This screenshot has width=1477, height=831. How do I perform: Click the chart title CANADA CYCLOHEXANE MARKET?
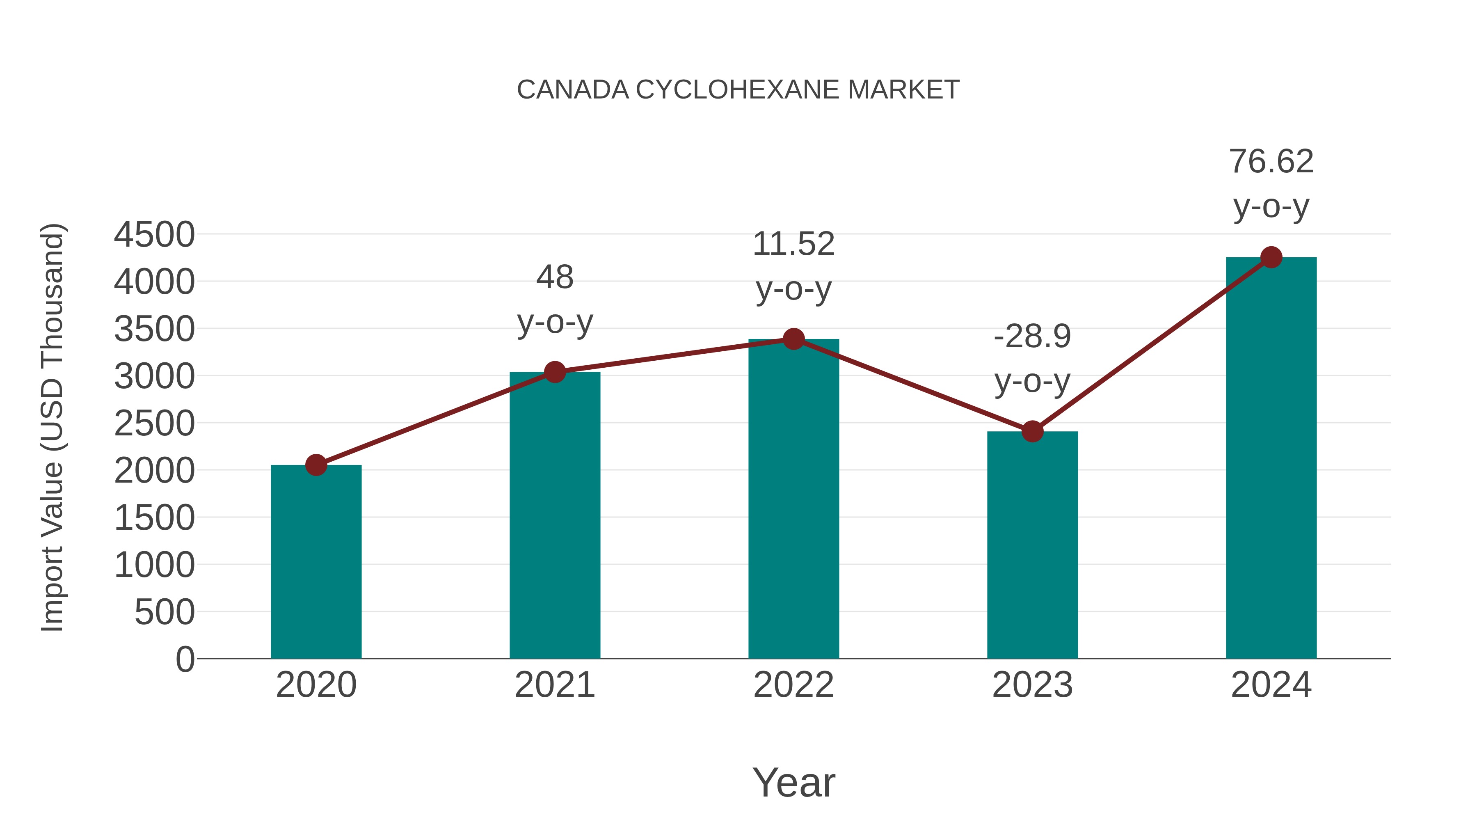coord(738,90)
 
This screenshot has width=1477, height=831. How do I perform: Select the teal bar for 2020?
coord(316,562)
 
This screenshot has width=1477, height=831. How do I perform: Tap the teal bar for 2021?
coord(554,516)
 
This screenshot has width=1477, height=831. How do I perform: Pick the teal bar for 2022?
coord(793,499)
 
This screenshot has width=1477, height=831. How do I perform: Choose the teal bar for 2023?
coord(1032,545)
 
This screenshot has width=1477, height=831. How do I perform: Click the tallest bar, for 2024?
coord(1271,459)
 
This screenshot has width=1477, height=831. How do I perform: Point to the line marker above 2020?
coord(316,465)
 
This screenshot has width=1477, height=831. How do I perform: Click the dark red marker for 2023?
coord(1032,431)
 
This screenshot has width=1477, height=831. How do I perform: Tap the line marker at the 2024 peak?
coord(1271,257)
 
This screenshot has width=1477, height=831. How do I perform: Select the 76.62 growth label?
coord(1271,162)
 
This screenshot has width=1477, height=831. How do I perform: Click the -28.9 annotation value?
coord(1032,337)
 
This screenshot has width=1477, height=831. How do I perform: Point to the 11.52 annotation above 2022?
coord(793,244)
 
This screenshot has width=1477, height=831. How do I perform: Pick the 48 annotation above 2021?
coord(554,277)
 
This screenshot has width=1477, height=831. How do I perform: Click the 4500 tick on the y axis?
coord(154,235)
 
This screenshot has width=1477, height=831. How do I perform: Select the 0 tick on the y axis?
coord(185,659)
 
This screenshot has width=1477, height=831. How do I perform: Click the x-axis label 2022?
coord(793,685)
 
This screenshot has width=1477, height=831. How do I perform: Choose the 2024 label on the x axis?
coord(1271,685)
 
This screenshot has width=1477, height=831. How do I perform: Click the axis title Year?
coord(793,783)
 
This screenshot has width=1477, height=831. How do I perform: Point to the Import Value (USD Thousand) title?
coord(52,427)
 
